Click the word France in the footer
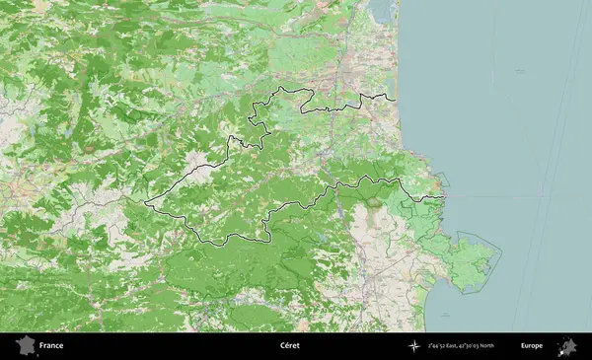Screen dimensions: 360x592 coord(51,346)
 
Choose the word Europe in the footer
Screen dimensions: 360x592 coord(532,346)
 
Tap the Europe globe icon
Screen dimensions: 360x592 coord(567,346)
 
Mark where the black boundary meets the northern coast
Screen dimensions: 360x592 coord(397,100)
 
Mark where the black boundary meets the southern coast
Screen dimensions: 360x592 coord(445,196)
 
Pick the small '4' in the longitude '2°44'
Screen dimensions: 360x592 coord(433,345)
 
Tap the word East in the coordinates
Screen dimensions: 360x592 coord(461,346)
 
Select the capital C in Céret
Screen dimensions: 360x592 coord(280,346)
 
